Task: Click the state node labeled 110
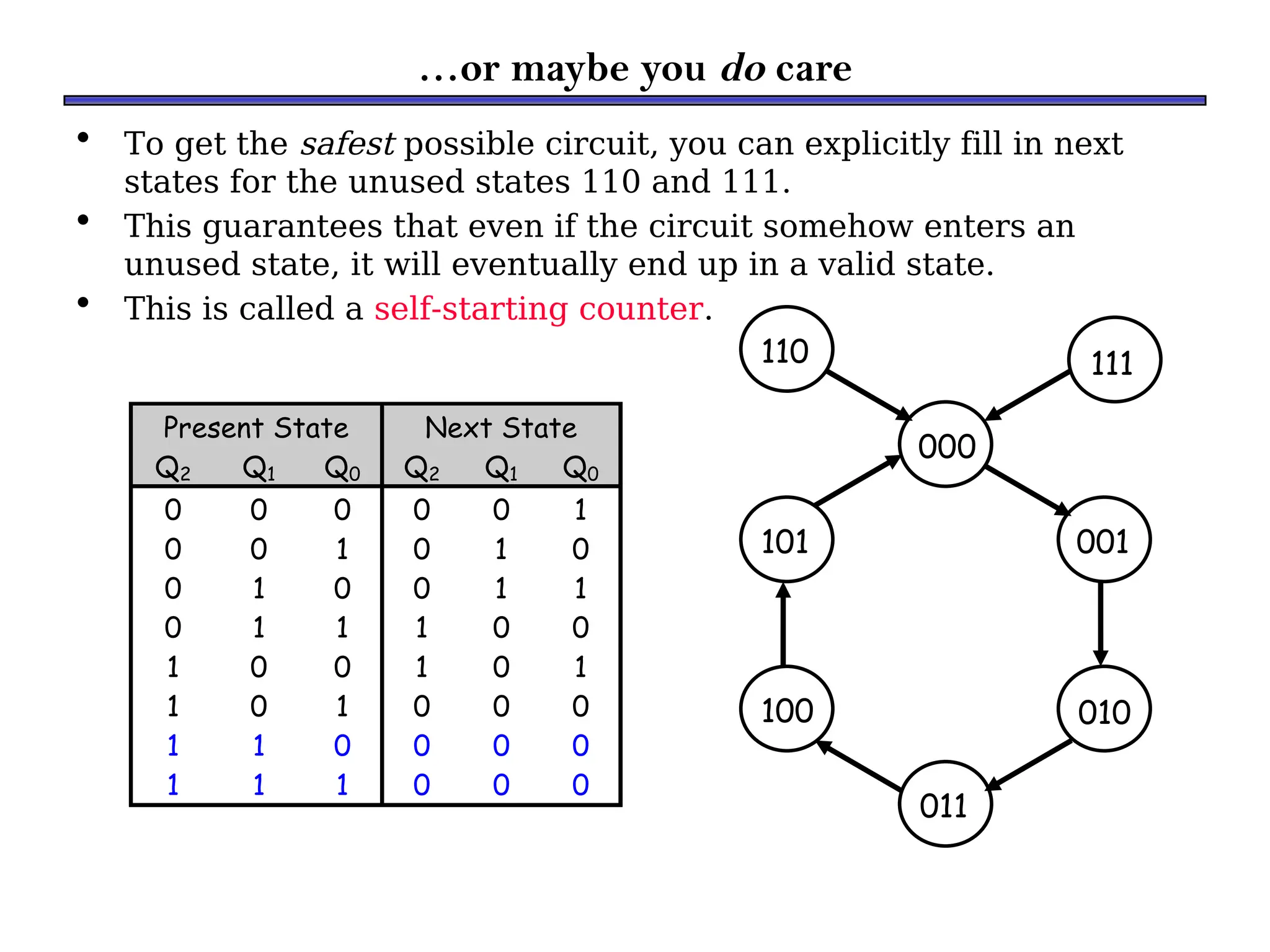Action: point(786,350)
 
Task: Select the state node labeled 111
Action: point(1114,360)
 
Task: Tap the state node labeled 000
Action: point(946,444)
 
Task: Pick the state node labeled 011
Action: point(945,804)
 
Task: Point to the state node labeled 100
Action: point(786,709)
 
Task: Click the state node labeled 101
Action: point(786,540)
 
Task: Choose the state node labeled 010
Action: point(1104,709)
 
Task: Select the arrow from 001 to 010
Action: point(1101,623)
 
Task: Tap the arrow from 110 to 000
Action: point(868,395)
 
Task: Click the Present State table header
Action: point(255,428)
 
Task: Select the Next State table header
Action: point(500,428)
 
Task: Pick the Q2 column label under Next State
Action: point(421,469)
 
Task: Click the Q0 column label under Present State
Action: point(342,469)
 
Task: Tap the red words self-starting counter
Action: point(538,309)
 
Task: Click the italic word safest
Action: point(347,144)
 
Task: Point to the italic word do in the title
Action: point(742,68)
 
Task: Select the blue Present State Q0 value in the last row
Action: point(342,785)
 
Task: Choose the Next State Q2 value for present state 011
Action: point(421,627)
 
